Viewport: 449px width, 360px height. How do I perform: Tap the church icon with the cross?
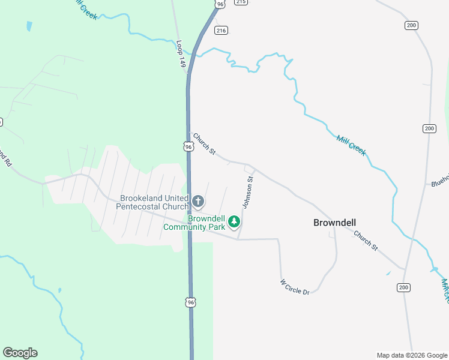[199, 201]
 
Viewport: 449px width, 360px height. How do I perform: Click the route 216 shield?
[221, 29]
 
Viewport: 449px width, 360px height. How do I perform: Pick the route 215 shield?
[241, 2]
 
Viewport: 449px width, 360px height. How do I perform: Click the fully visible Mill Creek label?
[351, 145]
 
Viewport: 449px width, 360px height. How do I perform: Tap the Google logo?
[20, 353]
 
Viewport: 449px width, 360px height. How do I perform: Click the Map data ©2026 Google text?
[412, 355]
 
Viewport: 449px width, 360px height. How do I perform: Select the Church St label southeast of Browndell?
[366, 241]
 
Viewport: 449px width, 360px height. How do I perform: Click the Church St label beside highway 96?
[204, 144]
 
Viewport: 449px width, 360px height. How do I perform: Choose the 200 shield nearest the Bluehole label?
[429, 128]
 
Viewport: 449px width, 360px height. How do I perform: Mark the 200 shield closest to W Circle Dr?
[403, 288]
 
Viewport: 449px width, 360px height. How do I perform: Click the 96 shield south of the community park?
[191, 302]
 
